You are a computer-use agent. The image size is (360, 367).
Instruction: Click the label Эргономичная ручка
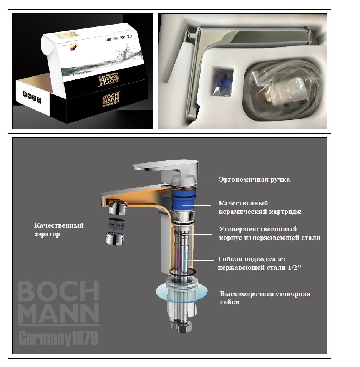(x=254, y=180)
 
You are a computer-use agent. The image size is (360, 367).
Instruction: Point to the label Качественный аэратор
(x=58, y=230)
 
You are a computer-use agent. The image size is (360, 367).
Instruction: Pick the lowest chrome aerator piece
(x=115, y=239)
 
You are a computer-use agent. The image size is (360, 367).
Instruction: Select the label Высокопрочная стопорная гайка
(x=265, y=298)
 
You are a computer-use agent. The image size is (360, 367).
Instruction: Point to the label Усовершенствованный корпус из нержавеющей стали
(x=269, y=233)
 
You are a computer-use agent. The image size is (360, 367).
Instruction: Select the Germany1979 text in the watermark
(x=58, y=339)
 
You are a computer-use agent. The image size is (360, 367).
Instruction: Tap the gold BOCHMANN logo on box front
(x=112, y=101)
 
